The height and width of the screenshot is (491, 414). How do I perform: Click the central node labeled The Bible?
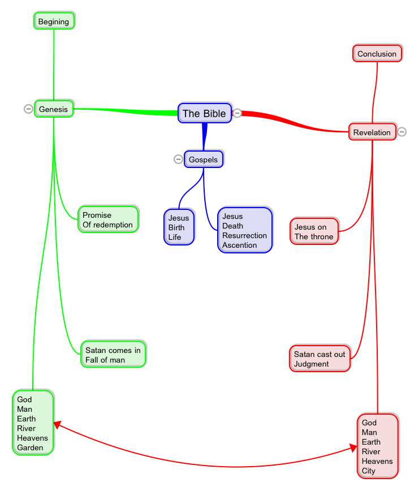[x=204, y=113]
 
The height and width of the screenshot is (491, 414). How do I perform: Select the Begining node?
[x=54, y=21]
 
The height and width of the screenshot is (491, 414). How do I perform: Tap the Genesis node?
[x=54, y=109]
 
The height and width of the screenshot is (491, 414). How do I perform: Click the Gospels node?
[x=204, y=160]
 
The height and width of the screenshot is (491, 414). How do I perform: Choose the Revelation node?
[x=372, y=132]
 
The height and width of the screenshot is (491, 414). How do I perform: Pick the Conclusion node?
[x=377, y=54]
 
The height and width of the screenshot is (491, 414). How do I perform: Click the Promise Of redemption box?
[x=107, y=219]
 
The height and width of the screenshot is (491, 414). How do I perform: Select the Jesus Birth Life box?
[x=179, y=227]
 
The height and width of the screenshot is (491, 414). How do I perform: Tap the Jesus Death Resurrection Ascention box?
[x=244, y=230]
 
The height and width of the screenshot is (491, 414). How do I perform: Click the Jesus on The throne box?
[x=314, y=231]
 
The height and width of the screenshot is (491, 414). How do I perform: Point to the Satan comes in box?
[x=113, y=355]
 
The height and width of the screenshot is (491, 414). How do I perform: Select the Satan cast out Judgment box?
[x=320, y=359]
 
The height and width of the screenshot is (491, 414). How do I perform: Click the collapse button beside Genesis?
[x=28, y=109]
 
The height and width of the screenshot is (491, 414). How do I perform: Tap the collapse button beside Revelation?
[x=402, y=132]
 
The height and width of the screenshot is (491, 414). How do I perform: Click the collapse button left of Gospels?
[x=178, y=159]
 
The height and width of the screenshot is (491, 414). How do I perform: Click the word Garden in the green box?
[x=30, y=447]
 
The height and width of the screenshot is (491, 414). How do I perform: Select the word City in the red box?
[x=369, y=471]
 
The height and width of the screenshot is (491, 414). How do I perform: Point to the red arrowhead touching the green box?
[x=57, y=424]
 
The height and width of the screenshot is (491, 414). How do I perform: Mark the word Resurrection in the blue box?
[x=244, y=235]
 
